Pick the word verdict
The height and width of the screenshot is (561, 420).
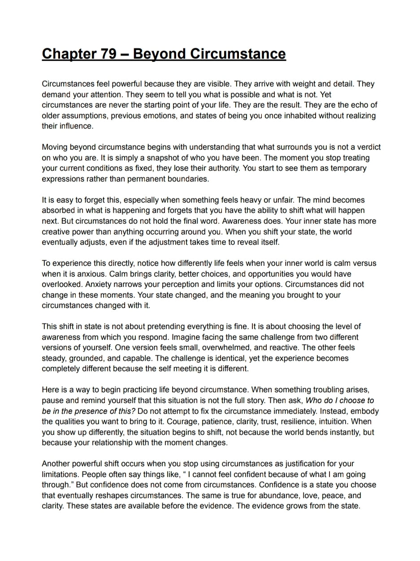pyautogui.click(x=368, y=147)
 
